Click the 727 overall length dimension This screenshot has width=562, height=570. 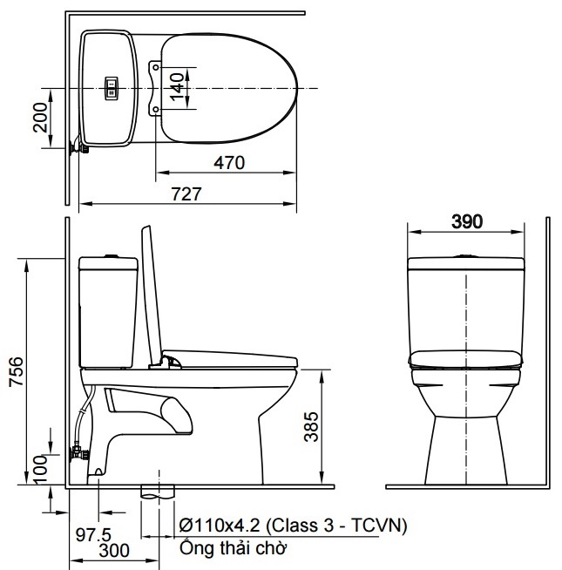pos(186,194)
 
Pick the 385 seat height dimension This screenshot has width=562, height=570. pos(311,426)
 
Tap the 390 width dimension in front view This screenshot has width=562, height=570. pos(468,221)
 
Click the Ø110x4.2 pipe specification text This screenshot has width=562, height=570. pos(292,526)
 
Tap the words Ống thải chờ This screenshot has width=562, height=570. pos(233,548)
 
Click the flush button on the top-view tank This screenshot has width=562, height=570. pos(112,86)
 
